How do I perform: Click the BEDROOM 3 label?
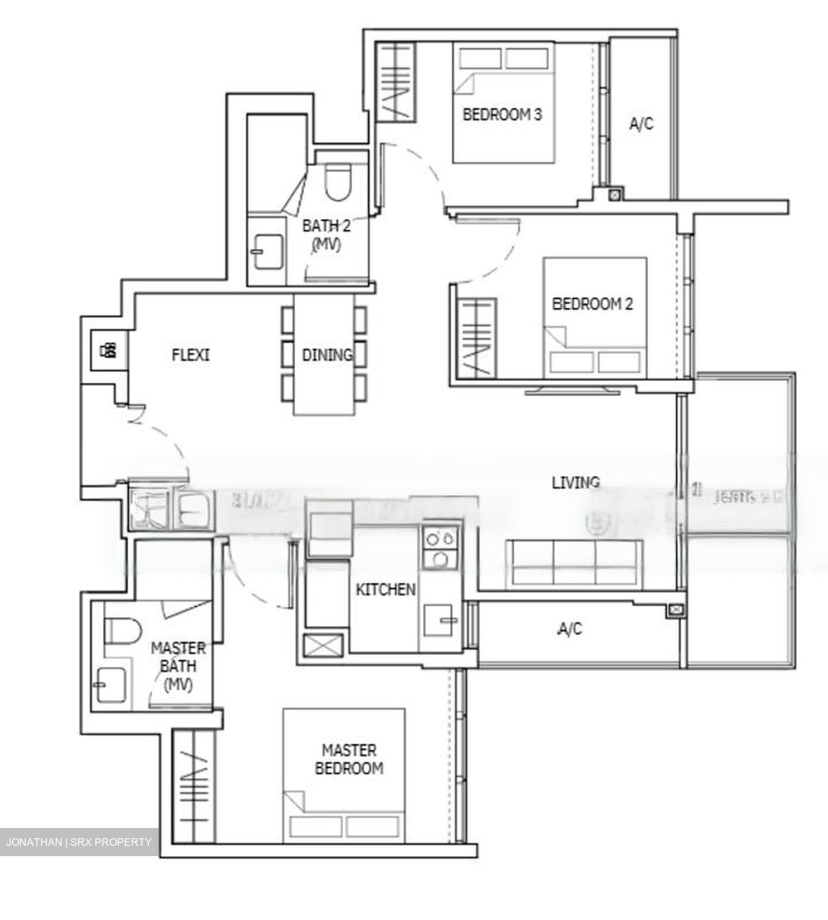coord(502,115)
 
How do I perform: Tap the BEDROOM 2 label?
coord(592,303)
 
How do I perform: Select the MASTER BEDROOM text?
coord(349,759)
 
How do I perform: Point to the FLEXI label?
coord(190,355)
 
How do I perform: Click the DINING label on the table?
coord(327,355)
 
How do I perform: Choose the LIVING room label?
coord(576,482)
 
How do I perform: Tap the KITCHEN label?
coord(385,590)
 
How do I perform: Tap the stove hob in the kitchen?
coord(440,548)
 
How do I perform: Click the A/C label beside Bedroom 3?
coord(641,124)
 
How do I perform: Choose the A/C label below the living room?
coord(570,630)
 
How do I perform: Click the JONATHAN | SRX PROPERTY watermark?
coord(79,842)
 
